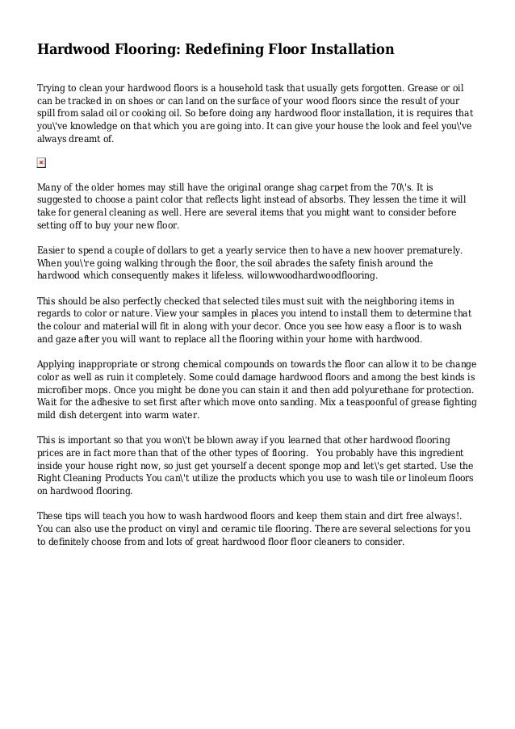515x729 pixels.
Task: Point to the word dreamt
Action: tap(91, 139)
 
